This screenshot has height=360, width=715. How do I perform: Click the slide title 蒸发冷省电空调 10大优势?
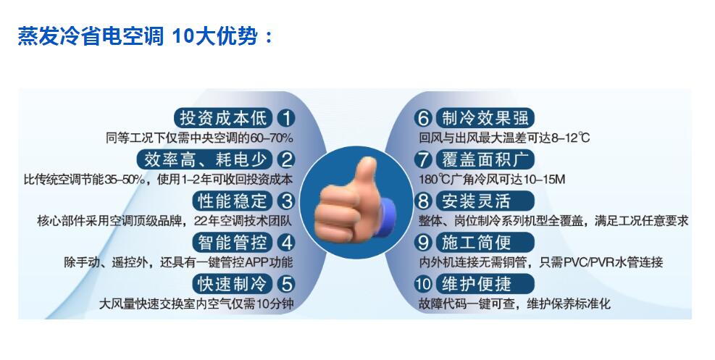(146, 35)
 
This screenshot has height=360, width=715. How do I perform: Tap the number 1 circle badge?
(286, 118)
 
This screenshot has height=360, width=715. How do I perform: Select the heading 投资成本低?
(223, 118)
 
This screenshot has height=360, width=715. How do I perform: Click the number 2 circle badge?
(286, 159)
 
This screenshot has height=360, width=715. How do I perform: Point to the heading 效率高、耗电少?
(205, 159)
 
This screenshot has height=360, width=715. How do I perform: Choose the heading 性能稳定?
(232, 201)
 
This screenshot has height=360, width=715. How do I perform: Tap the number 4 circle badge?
(286, 243)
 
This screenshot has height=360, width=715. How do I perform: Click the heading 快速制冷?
(232, 284)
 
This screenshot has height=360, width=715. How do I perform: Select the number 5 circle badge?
(286, 284)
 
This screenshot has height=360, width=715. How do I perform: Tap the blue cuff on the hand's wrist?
(388, 215)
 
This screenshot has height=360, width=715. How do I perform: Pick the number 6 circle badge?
(423, 118)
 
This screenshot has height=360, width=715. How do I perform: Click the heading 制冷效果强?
(485, 118)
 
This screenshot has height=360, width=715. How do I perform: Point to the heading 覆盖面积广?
(485, 159)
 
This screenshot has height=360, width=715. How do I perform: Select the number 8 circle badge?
(423, 201)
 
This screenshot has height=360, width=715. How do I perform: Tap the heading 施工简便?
(476, 243)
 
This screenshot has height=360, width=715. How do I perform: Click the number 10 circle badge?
(423, 284)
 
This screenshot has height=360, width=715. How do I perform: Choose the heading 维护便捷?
(476, 284)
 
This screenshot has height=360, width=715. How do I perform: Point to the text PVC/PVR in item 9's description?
(589, 262)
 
